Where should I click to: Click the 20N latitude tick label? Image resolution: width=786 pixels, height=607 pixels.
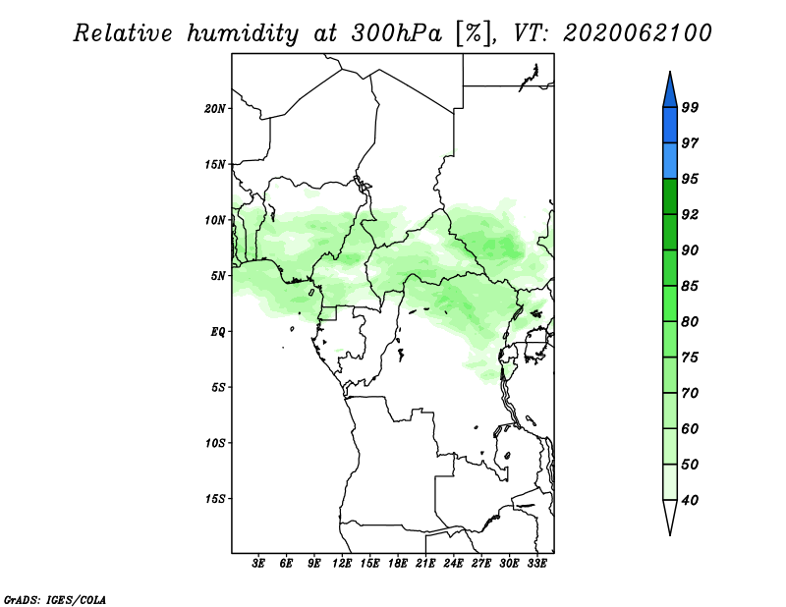tap(215, 109)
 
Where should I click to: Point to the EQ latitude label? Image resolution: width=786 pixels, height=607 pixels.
tap(218, 332)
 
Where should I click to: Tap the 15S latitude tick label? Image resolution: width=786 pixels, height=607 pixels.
tap(215, 499)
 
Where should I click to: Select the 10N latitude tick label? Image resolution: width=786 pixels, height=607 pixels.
tap(215, 220)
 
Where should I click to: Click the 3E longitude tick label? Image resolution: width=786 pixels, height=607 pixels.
tap(258, 564)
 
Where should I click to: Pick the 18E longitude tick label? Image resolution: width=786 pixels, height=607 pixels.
tap(398, 564)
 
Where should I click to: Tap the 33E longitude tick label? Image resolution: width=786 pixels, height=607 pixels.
tap(536, 564)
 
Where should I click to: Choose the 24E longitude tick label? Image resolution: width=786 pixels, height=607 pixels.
tap(453, 564)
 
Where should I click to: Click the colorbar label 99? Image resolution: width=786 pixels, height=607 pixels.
tap(690, 107)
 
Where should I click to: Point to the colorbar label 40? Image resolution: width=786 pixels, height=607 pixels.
tap(690, 500)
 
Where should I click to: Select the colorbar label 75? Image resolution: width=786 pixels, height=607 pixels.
tap(690, 358)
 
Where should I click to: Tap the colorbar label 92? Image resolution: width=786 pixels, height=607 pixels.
tap(690, 214)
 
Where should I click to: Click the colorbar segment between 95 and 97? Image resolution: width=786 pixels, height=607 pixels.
tap(670, 161)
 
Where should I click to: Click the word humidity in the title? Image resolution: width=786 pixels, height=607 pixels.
tap(243, 34)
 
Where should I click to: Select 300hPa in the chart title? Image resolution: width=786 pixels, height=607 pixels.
tap(397, 33)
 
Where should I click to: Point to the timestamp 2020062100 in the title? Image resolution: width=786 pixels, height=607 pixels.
tap(637, 33)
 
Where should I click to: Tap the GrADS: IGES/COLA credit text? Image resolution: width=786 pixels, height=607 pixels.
tap(55, 599)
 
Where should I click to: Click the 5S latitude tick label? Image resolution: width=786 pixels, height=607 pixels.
tap(218, 387)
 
